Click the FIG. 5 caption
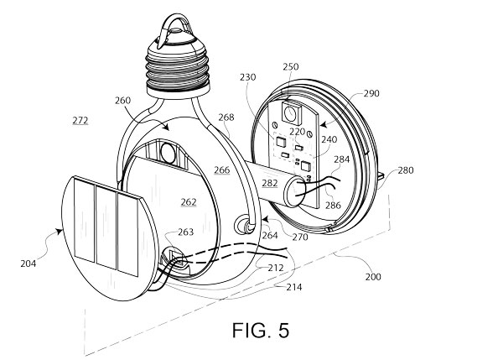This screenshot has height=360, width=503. click(x=261, y=330)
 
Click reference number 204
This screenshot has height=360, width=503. click(x=29, y=263)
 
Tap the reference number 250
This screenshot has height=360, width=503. click(x=291, y=67)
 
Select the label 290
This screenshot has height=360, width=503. click(x=371, y=93)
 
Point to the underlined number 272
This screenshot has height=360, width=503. click(x=80, y=121)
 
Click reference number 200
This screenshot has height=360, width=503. click(x=373, y=277)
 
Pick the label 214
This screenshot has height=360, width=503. click(x=294, y=287)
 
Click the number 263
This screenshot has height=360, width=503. click(x=186, y=232)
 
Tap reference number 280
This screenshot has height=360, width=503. click(x=406, y=170)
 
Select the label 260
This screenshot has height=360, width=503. click(x=123, y=101)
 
